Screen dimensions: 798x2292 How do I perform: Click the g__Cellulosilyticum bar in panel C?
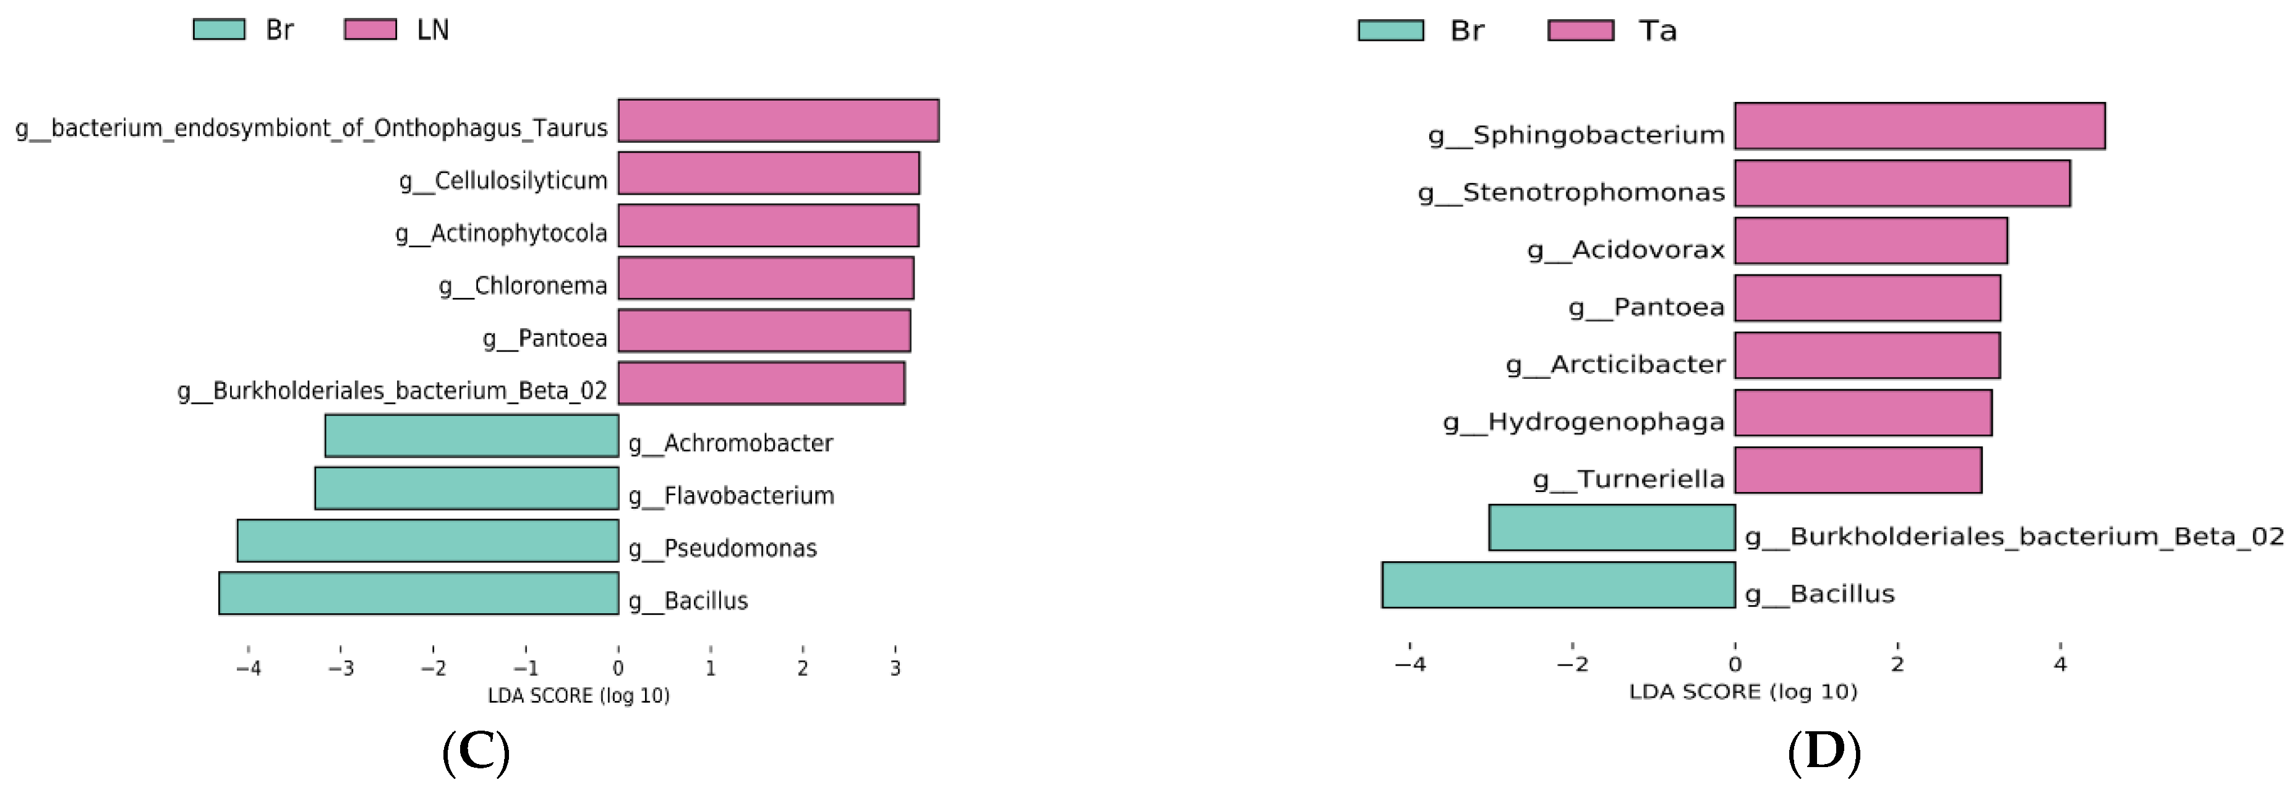(x=768, y=174)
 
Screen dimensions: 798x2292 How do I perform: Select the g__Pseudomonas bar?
(x=427, y=541)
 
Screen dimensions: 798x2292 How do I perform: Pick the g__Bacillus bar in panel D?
(x=1558, y=585)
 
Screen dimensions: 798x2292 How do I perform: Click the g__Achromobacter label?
(x=730, y=443)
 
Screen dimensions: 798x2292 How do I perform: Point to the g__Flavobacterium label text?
(x=732, y=496)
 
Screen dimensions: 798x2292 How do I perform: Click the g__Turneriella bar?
(x=1858, y=470)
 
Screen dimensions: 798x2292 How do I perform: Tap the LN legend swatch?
(x=370, y=29)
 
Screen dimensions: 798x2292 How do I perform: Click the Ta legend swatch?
(x=1580, y=30)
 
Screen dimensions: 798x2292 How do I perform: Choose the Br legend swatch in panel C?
(x=219, y=29)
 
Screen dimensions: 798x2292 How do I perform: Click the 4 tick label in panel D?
(x=2060, y=664)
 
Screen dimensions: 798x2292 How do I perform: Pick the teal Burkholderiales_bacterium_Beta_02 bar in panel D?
(x=1611, y=527)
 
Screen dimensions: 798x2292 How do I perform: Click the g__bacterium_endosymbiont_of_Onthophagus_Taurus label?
(x=312, y=128)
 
